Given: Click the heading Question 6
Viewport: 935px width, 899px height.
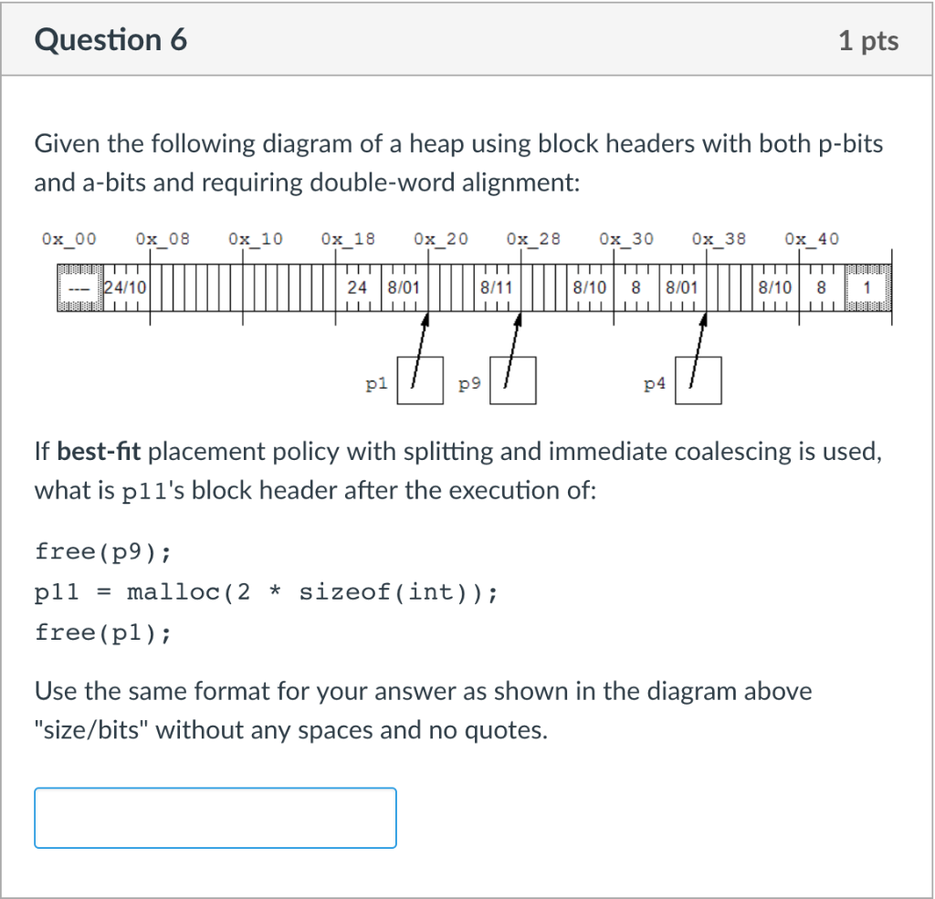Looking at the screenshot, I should coord(110,40).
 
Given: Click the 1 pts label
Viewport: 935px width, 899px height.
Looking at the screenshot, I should coord(868,41).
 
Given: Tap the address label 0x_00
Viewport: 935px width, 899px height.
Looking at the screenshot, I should coord(68,239).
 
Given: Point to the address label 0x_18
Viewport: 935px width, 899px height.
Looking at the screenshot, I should coord(348,239).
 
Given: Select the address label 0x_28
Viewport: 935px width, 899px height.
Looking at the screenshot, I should coord(533,239).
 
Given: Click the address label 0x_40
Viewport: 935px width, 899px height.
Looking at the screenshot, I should coord(811,239).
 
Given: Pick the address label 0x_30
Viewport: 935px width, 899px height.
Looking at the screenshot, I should coord(626,239).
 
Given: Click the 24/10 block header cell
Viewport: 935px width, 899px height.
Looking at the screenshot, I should coord(126,287).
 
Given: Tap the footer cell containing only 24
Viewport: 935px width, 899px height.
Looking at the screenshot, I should coord(358,287).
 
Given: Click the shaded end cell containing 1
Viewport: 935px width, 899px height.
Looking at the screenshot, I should coord(867,287).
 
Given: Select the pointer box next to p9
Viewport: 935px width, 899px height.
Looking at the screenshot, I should coord(513,381).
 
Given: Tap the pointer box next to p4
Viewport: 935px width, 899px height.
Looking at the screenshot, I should coord(699,381).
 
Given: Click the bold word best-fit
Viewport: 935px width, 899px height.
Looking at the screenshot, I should coord(100,452).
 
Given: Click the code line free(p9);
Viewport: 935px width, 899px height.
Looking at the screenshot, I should coord(102,552).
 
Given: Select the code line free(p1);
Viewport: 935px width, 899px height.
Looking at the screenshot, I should coord(102,632).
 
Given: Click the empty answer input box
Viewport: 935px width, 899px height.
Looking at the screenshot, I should coord(215,818).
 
